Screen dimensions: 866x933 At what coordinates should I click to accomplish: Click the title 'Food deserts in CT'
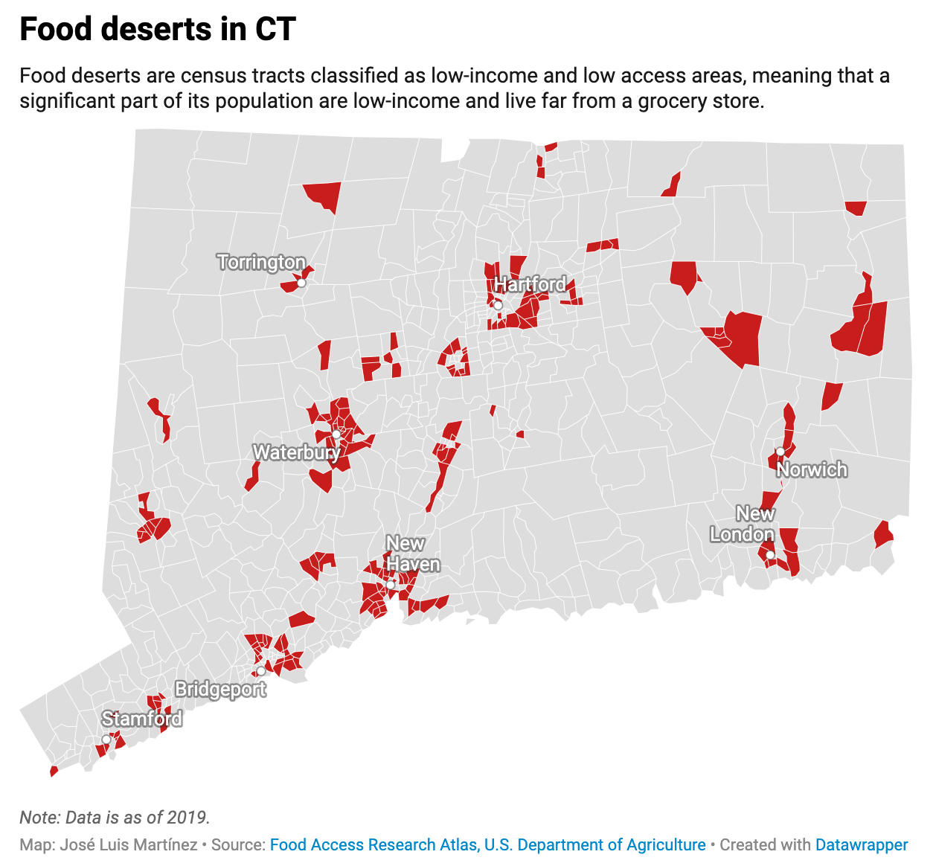(x=158, y=30)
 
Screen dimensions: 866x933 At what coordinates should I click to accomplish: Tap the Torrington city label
(x=261, y=263)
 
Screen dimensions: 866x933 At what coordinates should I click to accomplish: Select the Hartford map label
(x=530, y=285)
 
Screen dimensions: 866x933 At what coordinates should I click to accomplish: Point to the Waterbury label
(x=296, y=452)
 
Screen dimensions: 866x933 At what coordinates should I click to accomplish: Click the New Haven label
(x=412, y=554)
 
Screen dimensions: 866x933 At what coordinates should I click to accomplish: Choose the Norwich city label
(x=812, y=469)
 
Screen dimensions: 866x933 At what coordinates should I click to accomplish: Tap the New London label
(x=743, y=524)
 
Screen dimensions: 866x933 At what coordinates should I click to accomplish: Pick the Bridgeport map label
(x=220, y=689)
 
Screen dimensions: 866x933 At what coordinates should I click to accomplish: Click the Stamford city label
(x=142, y=719)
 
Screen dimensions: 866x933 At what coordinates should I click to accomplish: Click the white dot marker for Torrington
(x=301, y=283)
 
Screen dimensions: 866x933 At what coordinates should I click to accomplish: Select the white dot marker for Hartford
(x=498, y=305)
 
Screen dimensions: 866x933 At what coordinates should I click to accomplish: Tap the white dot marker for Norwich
(x=780, y=452)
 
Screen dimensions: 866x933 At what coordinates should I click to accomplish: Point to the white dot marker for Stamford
(x=106, y=740)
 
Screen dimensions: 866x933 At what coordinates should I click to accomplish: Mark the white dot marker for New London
(x=770, y=555)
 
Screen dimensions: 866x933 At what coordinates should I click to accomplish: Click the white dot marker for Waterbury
(x=336, y=434)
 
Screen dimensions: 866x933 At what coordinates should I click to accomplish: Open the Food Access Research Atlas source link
(x=487, y=845)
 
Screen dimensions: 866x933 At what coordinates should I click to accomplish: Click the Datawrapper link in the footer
(x=862, y=845)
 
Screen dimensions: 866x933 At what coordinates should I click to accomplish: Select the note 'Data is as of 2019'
(x=115, y=818)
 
